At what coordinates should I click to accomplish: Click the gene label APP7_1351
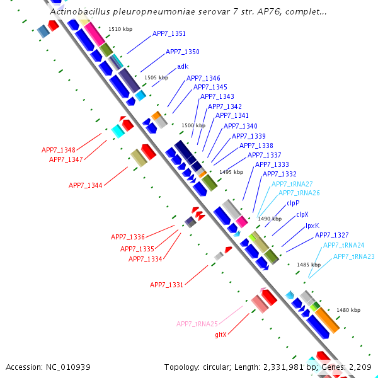169,33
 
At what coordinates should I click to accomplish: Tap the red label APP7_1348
59,150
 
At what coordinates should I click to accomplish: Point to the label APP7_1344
86,185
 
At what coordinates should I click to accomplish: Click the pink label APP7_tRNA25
197,324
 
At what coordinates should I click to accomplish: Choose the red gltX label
220,335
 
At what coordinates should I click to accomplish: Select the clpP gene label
293,203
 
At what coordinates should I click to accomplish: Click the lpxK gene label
312,226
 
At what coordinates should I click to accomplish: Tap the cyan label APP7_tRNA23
353,256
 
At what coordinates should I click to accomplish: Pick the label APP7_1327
331,235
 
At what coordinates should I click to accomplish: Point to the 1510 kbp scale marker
121,29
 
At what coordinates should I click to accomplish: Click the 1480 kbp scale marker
348,310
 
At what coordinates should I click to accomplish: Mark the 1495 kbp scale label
231,171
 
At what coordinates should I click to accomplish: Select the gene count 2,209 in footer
358,367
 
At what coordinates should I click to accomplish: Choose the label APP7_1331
166,285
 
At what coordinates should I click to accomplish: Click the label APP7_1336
128,237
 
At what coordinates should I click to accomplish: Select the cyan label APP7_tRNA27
292,183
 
